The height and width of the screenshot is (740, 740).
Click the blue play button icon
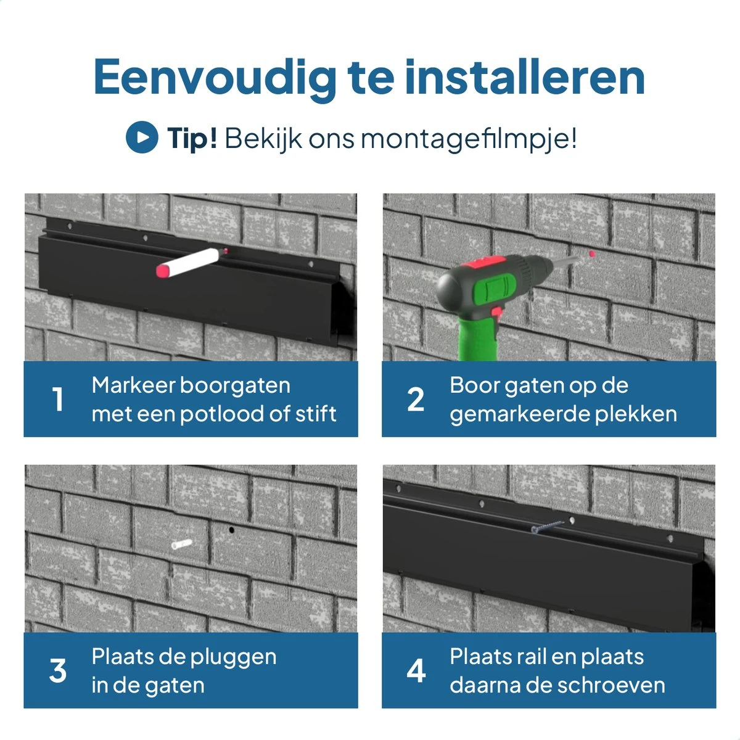[x=142, y=137]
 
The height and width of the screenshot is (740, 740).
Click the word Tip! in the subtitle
[x=192, y=138]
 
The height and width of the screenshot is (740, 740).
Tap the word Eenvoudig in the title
[x=215, y=77]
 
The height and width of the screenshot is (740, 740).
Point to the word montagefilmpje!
[x=469, y=139]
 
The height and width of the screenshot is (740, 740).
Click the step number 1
[x=57, y=400]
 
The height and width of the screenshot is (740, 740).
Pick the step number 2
[x=416, y=400]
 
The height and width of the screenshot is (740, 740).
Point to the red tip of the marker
[x=162, y=271]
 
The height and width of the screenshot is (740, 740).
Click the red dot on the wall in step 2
[x=592, y=253]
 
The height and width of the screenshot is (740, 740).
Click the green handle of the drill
[x=477, y=338]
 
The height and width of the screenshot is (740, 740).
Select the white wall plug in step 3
[x=181, y=544]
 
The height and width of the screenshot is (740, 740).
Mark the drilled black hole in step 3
[x=231, y=530]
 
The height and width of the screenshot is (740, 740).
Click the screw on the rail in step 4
[x=547, y=527]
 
